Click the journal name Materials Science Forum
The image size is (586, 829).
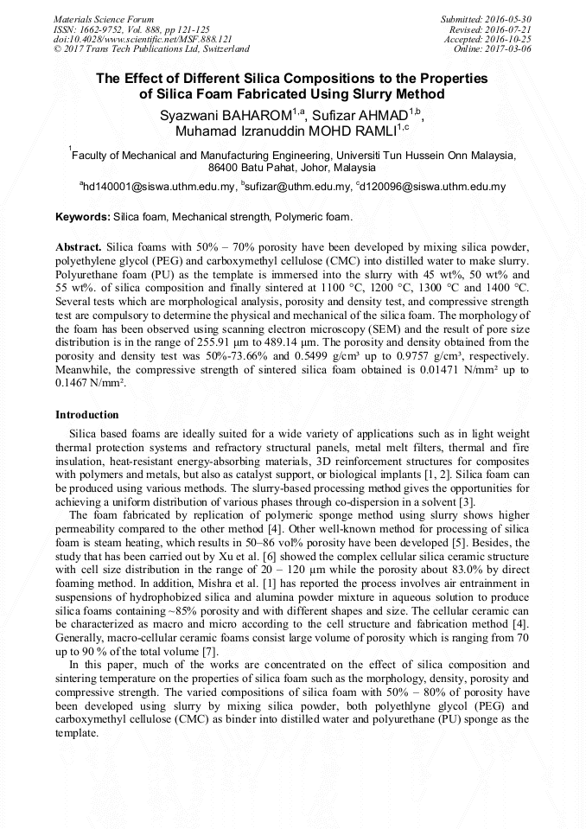click(104, 19)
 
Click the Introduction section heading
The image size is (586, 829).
click(87, 415)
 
